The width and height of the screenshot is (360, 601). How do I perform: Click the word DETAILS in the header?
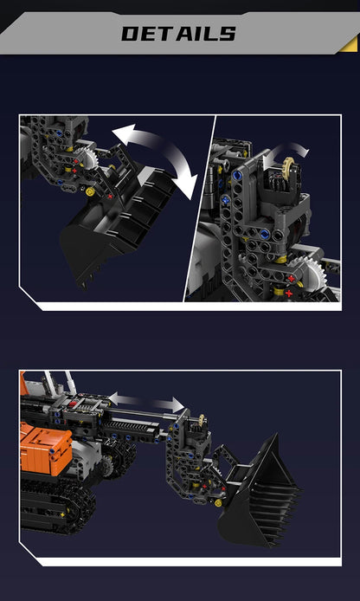pos(178,34)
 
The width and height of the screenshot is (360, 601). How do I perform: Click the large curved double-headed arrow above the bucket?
pos(155,152)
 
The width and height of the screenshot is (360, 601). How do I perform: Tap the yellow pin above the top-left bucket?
pos(86,188)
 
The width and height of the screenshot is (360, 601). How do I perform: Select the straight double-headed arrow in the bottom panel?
pos(146,400)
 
